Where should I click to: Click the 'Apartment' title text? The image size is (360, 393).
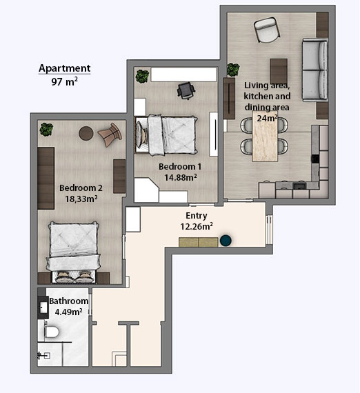tap(64, 68)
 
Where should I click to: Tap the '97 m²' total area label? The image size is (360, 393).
tap(64, 82)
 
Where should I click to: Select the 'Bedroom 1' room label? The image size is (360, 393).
tap(180, 167)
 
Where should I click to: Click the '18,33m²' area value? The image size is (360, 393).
tap(81, 199)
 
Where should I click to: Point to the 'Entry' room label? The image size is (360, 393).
tap(197, 216)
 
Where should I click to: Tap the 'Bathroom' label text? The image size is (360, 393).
tap(68, 301)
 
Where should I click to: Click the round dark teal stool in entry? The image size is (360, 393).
tap(227, 241)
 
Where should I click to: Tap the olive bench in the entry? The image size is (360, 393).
tap(197, 241)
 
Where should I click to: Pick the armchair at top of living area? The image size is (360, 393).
tap(266, 30)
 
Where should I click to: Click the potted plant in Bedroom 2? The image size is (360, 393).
tap(47, 128)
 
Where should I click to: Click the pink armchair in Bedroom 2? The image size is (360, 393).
tap(110, 134)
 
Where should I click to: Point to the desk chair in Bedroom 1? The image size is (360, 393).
tap(186, 89)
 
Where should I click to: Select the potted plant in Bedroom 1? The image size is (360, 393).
tap(142, 75)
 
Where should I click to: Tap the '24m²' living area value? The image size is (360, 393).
tap(267, 118)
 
